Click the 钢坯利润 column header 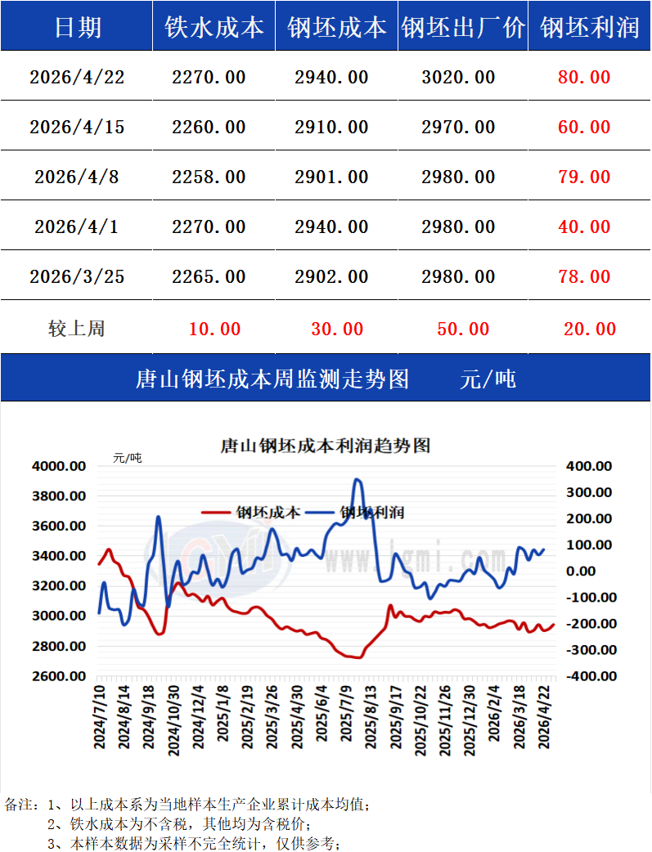point(589,27)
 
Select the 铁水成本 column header point(214,27)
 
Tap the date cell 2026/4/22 point(77,77)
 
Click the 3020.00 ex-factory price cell point(458,77)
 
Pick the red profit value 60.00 point(584,127)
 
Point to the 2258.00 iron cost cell point(209,177)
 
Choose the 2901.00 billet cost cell point(331,177)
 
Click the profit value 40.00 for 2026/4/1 point(584,226)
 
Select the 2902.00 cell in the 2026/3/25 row point(331,276)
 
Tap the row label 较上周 point(77,329)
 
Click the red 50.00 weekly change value point(463,329)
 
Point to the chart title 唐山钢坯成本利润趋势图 point(326,446)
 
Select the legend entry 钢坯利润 point(372,513)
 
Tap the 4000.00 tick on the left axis point(59,466)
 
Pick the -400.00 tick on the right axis point(586,676)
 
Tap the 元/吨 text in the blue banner point(488,379)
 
